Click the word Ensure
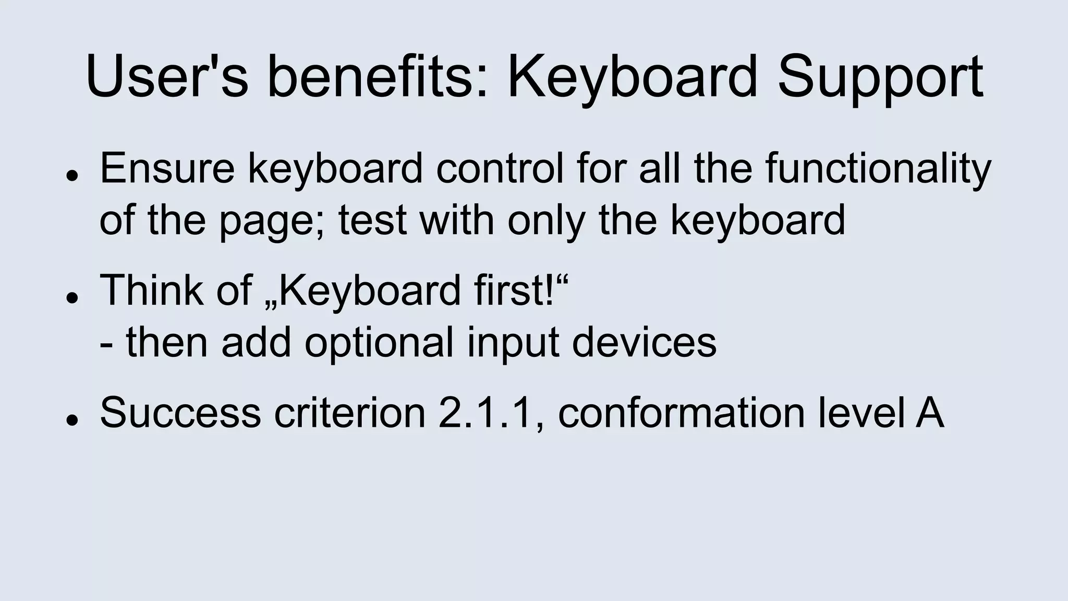click(x=167, y=168)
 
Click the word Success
click(x=180, y=413)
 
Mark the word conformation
click(x=681, y=413)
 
